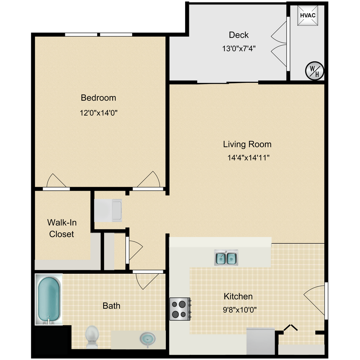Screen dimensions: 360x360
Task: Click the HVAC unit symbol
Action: [307, 16]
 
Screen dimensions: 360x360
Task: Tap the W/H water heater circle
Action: [314, 70]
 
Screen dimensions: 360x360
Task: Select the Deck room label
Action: [238, 35]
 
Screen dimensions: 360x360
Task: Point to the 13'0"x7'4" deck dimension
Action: [238, 48]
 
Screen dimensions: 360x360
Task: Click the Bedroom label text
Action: [98, 98]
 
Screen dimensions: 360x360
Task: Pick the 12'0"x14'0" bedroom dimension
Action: [98, 113]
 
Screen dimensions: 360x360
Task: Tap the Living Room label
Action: [247, 144]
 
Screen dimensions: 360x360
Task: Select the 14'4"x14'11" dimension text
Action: [248, 158]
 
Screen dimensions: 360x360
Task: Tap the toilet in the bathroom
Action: [92, 336]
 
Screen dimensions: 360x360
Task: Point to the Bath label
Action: [111, 306]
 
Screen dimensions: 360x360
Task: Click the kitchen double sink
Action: [226, 258]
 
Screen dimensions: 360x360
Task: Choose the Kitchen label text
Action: [238, 296]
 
